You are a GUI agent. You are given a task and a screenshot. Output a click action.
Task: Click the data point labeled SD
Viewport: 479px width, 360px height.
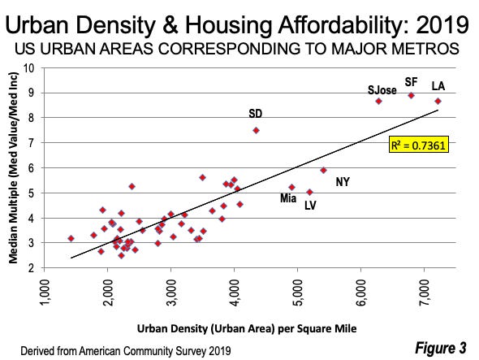point(256,130)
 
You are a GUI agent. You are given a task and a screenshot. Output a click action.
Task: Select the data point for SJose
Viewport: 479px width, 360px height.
point(378,101)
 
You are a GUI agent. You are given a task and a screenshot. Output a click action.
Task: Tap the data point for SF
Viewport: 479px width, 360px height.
point(412,95)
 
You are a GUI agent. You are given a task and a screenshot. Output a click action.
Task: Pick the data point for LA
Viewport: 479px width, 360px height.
point(438,101)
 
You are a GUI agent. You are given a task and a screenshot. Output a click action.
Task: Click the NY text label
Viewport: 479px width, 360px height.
point(343,182)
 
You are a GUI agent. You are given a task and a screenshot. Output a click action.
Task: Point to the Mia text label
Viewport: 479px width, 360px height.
point(288,197)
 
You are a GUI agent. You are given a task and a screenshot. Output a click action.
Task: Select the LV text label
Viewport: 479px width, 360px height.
point(310,205)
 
